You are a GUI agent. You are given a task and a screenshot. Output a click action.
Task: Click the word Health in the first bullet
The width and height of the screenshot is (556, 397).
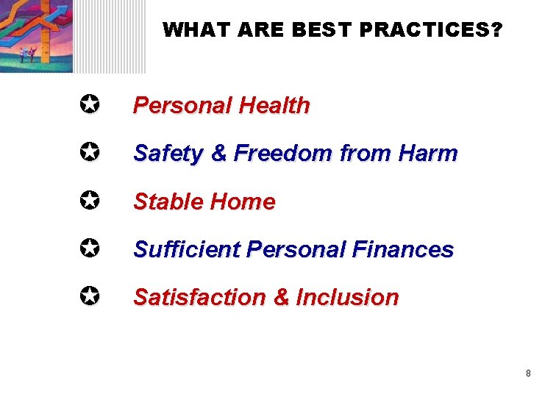click(274, 106)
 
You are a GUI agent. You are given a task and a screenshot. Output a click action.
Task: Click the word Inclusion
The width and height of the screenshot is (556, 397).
click(347, 298)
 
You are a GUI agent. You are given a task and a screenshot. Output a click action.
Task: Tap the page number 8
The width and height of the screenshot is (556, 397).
click(528, 373)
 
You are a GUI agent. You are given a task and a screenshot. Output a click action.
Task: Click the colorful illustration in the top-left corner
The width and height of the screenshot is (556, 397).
click(37, 35)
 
